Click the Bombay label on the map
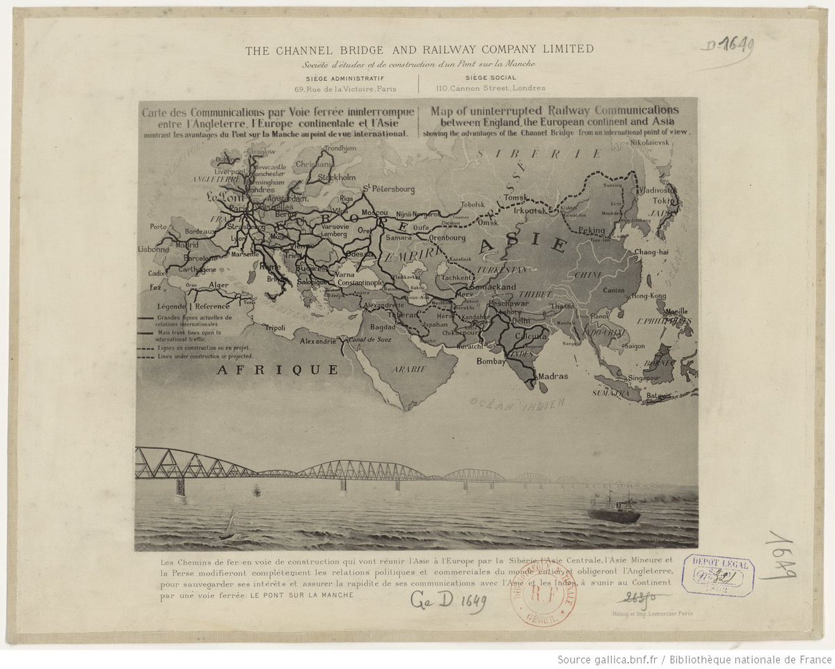coord(491,361)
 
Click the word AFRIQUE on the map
coord(277,370)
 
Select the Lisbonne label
coord(153,249)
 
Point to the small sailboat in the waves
coord(229,526)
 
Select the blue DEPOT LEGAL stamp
coord(717,575)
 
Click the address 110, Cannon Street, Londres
coord(490,88)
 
